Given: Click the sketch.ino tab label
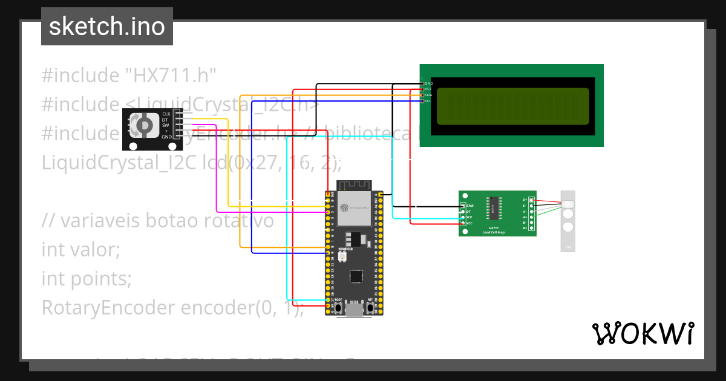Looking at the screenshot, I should coord(106,27).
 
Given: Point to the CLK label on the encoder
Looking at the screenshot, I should coord(166,114).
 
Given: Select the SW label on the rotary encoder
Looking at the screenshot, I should coord(165,125).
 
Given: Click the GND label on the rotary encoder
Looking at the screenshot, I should coord(166,137).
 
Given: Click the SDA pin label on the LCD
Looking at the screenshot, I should coord(428,95).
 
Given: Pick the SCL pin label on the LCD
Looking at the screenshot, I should coord(428,101).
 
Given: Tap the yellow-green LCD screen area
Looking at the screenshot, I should coord(512,106).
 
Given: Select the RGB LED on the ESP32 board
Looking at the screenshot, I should coord(342,257).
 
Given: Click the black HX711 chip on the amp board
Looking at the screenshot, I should coord(494,207).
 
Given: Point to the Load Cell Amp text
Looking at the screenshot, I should coord(494,232).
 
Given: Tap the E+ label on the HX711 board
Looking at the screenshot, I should coord(525,200).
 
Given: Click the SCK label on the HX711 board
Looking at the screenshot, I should coord(469,217).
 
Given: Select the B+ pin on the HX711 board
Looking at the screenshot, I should coord(532,228).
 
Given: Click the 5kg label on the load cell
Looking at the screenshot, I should coord(568,247).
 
